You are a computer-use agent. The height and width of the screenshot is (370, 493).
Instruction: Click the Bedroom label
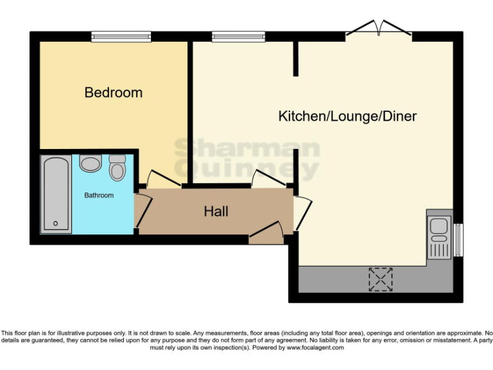tap(114, 92)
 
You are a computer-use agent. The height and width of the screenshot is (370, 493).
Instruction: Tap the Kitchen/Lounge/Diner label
tap(347, 116)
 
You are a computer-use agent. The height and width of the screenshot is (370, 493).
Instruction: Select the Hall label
tap(216, 211)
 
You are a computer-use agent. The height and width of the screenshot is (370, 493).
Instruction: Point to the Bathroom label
tap(99, 195)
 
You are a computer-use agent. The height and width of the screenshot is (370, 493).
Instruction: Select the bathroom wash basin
tap(91, 163)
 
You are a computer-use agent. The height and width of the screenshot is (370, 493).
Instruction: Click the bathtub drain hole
tap(56, 224)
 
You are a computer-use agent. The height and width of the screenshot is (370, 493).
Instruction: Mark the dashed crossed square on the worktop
tap(380, 277)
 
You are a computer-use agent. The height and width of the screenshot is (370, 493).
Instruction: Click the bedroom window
tap(121, 37)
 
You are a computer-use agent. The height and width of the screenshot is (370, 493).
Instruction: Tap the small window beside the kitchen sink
tap(458, 240)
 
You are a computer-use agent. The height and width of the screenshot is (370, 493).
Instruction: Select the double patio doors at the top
tap(379, 29)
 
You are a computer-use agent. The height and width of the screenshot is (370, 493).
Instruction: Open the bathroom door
tap(143, 209)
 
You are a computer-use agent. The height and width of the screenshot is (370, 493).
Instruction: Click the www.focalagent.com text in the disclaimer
tap(315, 348)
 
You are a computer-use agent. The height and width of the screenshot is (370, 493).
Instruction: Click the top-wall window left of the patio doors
tap(238, 37)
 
